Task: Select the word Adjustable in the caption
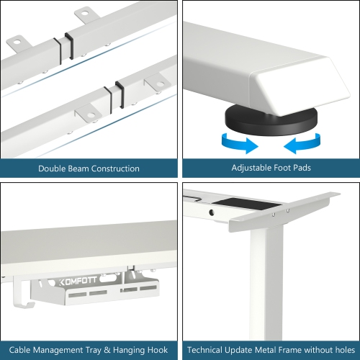pos(253,168)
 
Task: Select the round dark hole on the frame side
pos(211,213)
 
